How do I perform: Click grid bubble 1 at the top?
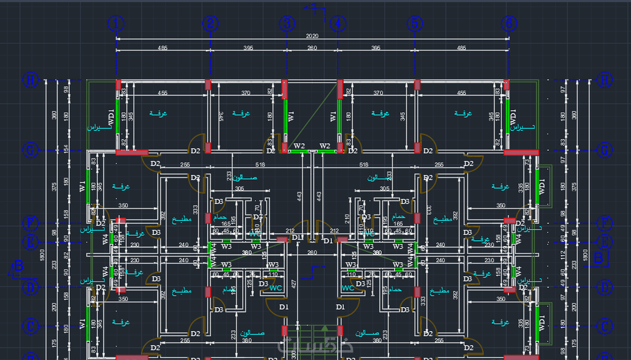coord(116,24)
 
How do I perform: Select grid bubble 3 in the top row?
coord(287,24)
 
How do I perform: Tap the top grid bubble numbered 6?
coord(509,24)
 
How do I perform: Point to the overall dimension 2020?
coord(312,36)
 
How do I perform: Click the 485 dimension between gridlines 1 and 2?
coord(163,48)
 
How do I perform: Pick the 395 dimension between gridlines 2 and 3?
coord(248,48)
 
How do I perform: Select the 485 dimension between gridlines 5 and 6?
coord(461,48)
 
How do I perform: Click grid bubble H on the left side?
coord(30,80)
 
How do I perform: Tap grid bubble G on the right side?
coord(604,150)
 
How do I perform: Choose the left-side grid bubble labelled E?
coord(30,242)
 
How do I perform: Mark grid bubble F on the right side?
coord(604,223)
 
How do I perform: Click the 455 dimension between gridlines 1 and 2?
coord(163,93)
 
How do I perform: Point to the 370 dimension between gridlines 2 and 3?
coord(246,93)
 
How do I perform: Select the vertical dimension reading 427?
coord(294,284)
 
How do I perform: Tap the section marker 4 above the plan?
coord(314,8)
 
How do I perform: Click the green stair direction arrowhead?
coord(325,328)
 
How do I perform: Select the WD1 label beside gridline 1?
coord(111,117)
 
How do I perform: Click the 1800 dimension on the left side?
coord(42,255)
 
